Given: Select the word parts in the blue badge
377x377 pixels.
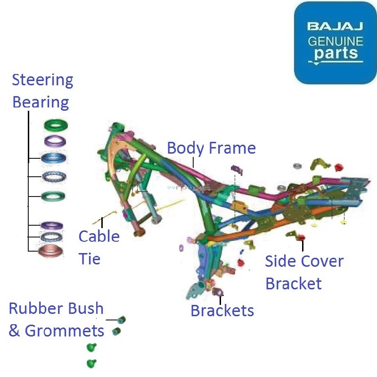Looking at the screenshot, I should [336, 53].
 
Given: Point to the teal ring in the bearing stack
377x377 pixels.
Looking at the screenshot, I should [53, 195].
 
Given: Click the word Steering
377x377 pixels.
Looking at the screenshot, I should [42, 80].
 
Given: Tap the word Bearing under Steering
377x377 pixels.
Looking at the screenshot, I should [41, 102].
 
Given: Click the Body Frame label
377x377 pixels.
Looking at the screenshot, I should [211, 148].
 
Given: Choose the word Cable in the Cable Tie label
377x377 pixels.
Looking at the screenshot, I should [99, 236].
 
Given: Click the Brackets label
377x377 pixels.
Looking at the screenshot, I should [222, 311].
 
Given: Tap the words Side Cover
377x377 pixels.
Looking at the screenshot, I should [304, 261].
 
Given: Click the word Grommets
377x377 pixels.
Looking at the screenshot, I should [64, 331].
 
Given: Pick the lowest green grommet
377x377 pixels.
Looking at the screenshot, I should [91, 363].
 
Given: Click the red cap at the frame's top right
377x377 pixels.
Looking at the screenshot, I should [338, 167].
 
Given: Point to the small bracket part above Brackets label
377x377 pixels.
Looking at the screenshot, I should [217, 292].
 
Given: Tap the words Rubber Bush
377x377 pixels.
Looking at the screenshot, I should [56, 309].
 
